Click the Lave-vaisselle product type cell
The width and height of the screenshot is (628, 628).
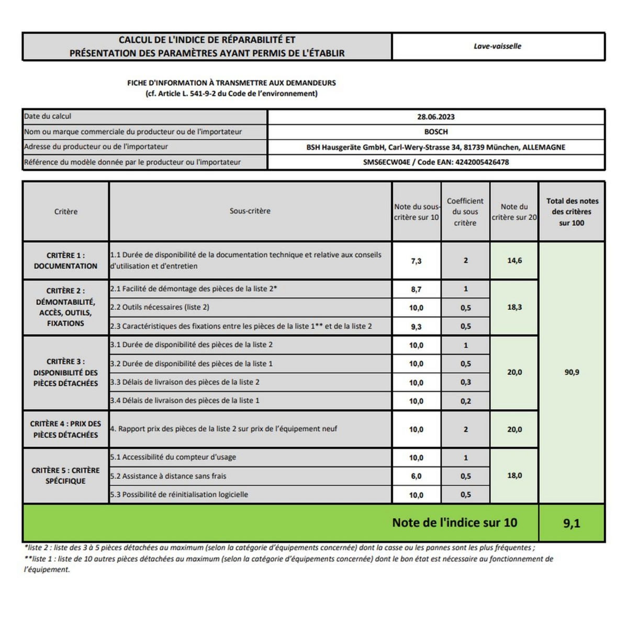click(497, 46)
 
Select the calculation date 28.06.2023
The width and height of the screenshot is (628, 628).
click(436, 117)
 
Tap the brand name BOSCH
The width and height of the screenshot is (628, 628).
click(436, 132)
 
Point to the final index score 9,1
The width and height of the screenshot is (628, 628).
click(571, 523)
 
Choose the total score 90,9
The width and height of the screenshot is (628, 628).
click(571, 373)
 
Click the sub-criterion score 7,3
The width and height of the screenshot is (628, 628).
click(416, 261)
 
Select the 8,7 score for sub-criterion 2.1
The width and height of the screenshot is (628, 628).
click(416, 289)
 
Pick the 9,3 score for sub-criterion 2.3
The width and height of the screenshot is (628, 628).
click(416, 327)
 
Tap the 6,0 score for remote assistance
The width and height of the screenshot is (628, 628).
click(416, 476)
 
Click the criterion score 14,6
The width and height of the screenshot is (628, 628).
click(514, 261)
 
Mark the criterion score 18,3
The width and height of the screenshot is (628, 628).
click(514, 307)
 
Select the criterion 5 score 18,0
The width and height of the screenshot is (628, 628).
click(514, 476)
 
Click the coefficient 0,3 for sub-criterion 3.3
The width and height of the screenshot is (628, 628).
click(466, 383)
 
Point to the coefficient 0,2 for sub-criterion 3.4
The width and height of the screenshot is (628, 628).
click(466, 401)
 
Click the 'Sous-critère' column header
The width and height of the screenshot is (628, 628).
click(250, 211)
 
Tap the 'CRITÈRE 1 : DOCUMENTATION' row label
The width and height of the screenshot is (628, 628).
click(65, 261)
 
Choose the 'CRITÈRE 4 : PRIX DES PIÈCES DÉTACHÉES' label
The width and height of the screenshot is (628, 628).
click(65, 429)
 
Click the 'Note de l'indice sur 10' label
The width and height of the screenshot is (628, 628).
click(455, 522)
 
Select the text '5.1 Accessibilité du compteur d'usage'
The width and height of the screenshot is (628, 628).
click(173, 457)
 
